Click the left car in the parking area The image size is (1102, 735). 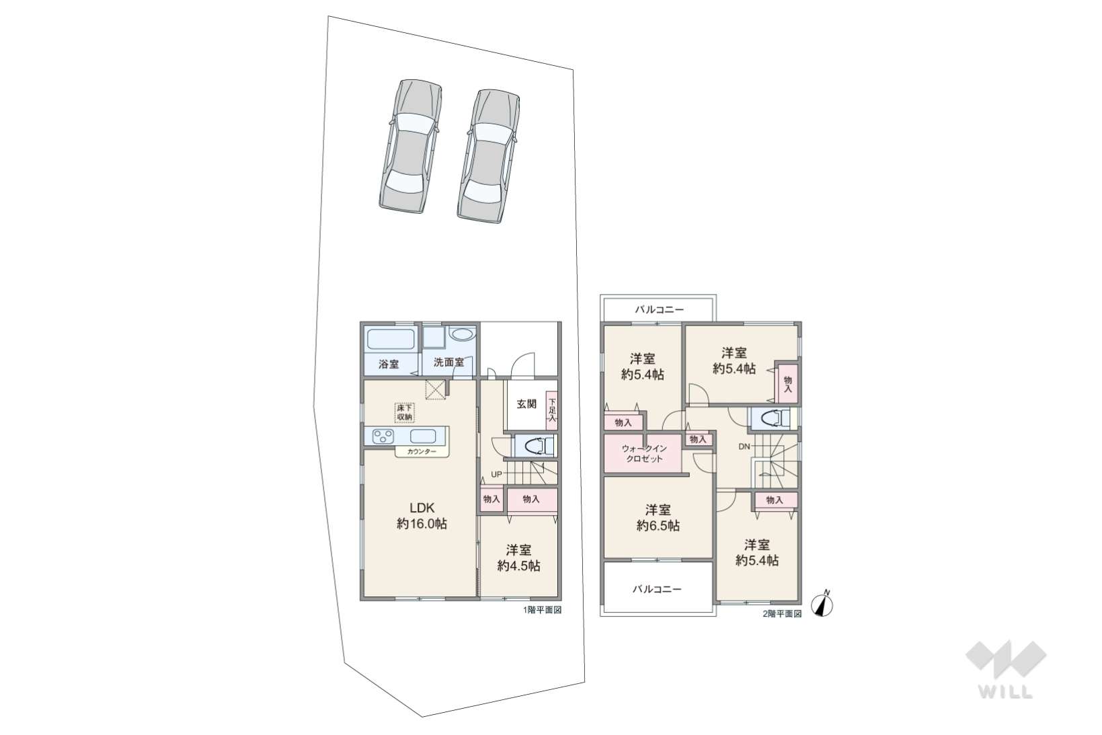coord(410,146)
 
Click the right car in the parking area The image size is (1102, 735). coord(489,155)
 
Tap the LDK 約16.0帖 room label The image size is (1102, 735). coord(422,516)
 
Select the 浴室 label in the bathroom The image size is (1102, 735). coord(389,364)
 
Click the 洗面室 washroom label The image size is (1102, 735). coord(448,362)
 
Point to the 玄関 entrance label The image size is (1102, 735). coord(526,404)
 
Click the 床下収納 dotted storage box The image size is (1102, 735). coord(404,413)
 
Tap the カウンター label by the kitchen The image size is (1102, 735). coord(422,452)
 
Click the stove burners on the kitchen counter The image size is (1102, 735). coord(383,436)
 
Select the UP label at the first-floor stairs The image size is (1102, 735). coord(496,475)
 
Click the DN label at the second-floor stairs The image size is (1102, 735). coord(744,447)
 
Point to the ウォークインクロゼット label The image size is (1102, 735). coord(645,454)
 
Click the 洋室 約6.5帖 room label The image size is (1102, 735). coord(658,518)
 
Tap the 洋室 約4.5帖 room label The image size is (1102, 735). coord(518,558)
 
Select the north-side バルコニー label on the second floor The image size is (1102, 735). coord(659,309)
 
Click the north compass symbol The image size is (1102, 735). coord(822,603)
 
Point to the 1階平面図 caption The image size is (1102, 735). coord(542,610)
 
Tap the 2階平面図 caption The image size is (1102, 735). coord(782,613)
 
